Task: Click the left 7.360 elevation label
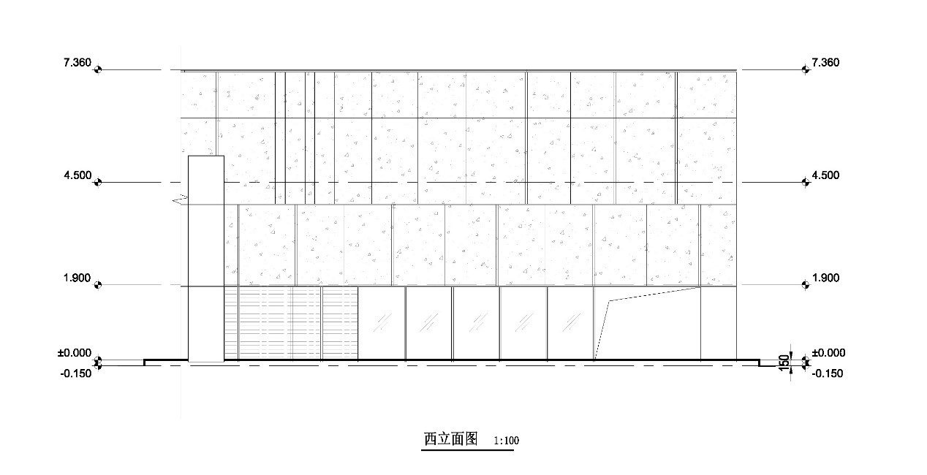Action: (77, 62)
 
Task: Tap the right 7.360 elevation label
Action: (825, 62)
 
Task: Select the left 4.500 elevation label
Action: (77, 175)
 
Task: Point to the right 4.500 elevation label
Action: (825, 175)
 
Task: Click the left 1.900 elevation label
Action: (77, 278)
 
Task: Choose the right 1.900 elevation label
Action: (826, 278)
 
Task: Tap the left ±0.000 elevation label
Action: (75, 353)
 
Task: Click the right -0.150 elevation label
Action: (828, 373)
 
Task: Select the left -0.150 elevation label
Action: (76, 373)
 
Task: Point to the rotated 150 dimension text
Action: (784, 363)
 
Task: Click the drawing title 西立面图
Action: (450, 438)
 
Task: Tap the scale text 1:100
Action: (506, 441)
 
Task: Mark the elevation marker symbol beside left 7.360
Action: (98, 69)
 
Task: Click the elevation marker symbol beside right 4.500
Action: (806, 182)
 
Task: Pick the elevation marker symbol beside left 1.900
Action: (98, 285)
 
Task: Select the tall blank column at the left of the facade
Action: (206, 259)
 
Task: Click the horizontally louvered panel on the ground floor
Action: (291, 323)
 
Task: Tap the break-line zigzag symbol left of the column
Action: (180, 199)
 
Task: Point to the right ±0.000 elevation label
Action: (828, 353)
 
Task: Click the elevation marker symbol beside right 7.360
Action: (806, 69)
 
